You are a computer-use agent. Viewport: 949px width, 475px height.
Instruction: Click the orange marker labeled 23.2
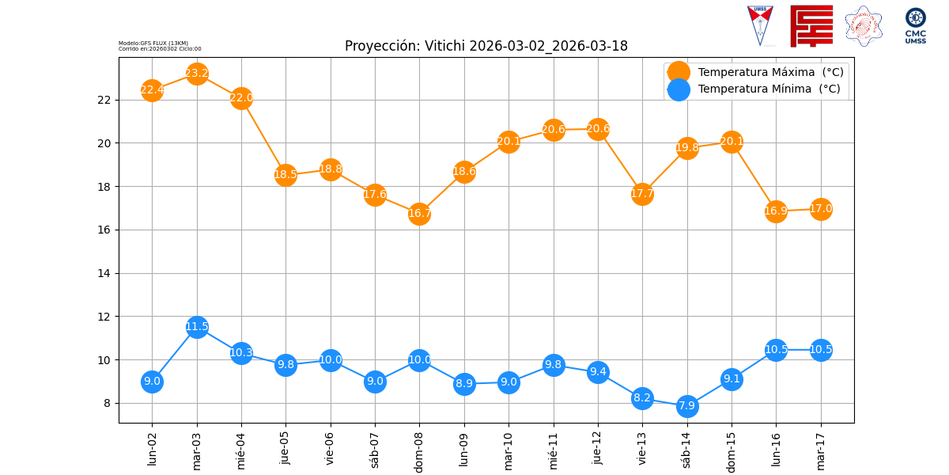197,74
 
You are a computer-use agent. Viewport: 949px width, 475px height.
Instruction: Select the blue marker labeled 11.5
197,327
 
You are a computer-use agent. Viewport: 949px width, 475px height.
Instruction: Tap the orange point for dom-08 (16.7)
419,214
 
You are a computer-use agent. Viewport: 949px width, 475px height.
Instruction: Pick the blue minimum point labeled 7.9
687,405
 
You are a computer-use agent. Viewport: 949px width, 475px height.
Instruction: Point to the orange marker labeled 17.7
642,194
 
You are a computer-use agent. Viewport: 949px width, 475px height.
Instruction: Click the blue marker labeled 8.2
642,398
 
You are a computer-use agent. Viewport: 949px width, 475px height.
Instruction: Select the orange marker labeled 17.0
821,209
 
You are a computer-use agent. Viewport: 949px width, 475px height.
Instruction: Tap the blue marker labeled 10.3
241,353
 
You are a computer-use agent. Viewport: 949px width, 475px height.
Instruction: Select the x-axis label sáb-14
687,449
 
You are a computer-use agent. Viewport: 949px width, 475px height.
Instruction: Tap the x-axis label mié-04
241,449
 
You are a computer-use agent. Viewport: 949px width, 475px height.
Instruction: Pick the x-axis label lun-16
777,448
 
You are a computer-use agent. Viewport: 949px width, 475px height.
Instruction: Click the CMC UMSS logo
916,26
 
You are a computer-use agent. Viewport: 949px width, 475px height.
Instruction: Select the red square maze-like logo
811,26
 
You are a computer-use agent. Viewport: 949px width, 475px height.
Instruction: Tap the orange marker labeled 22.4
152,90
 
